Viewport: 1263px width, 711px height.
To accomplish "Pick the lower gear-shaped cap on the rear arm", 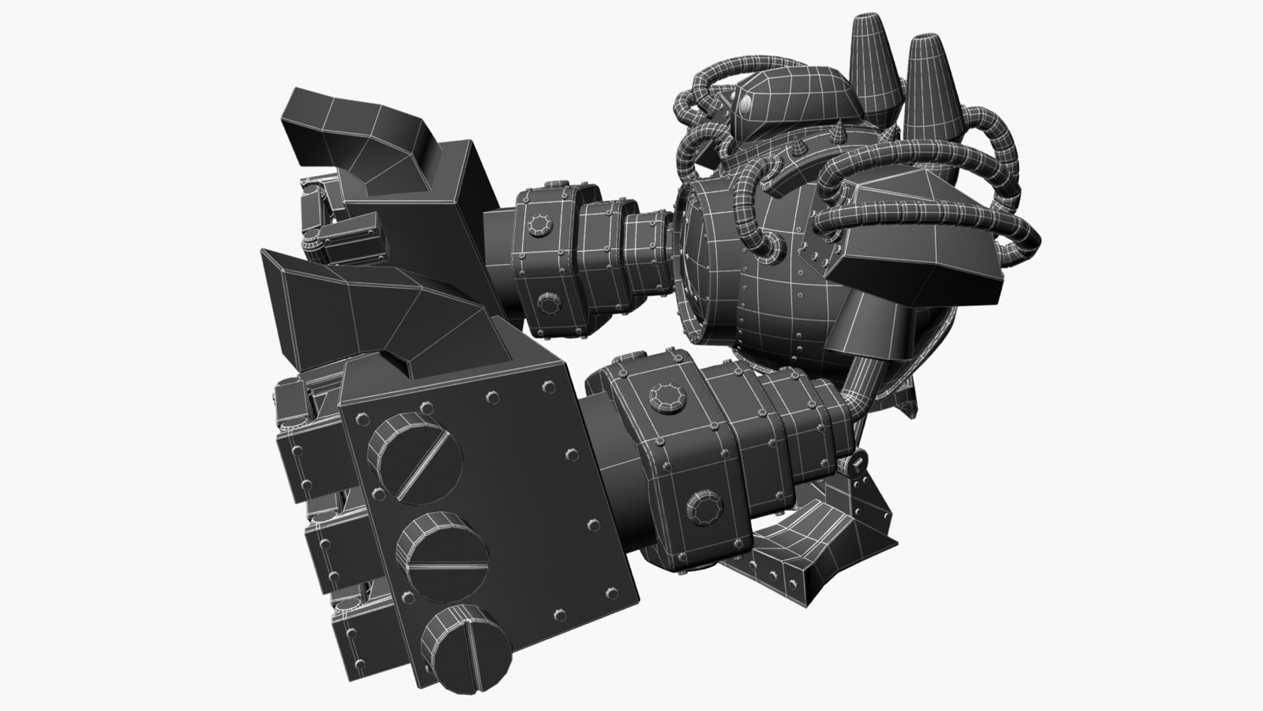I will coord(548,303).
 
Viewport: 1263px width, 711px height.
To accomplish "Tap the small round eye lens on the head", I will coord(745,103).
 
